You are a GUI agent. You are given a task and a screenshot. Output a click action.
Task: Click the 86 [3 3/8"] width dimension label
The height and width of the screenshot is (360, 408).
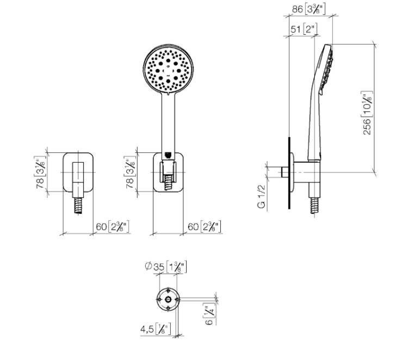click(308, 9)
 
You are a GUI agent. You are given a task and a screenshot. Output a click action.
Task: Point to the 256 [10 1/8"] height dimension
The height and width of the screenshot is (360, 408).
click(367, 113)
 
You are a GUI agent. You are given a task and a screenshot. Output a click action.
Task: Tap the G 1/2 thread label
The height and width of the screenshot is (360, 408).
click(261, 196)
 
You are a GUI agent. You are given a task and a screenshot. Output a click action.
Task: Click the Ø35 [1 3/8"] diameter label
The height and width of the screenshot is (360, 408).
click(166, 266)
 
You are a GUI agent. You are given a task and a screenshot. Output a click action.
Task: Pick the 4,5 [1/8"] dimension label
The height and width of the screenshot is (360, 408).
click(156, 329)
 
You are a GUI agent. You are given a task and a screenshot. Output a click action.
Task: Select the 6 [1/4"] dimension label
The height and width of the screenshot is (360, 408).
click(209, 314)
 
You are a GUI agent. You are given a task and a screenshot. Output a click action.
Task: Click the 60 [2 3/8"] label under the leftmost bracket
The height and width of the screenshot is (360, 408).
click(113, 227)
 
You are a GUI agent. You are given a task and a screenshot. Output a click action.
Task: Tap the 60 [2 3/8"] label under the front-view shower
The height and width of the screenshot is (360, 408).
click(204, 227)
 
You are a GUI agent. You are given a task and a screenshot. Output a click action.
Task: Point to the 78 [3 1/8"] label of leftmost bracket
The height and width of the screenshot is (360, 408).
click(41, 172)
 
